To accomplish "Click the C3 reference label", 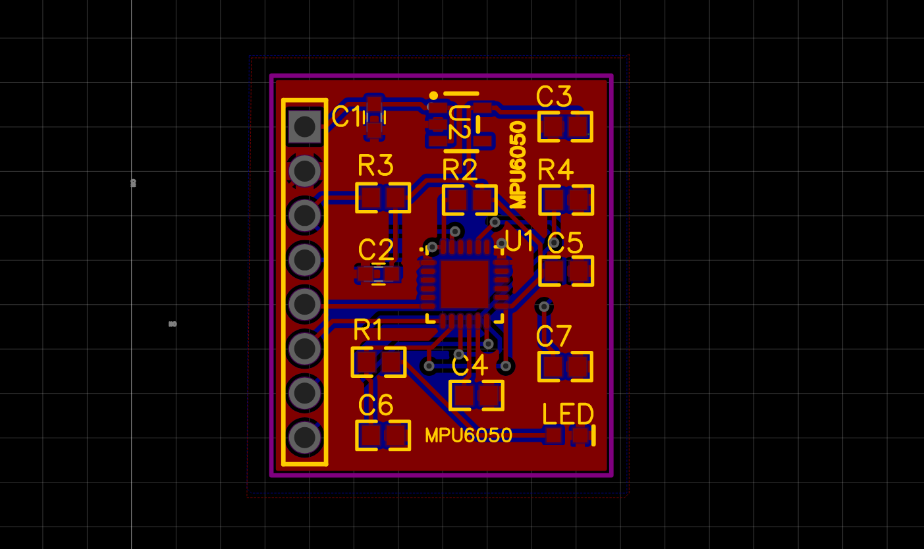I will point(554,97).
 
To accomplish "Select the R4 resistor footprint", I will point(566,199).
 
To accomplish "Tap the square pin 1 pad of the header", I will point(305,126).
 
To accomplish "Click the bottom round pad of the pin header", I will point(305,437).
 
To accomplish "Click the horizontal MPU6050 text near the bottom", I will point(468,435).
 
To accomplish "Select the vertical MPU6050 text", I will point(519,165).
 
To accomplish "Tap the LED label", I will point(568,415).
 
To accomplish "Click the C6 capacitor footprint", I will point(383,435).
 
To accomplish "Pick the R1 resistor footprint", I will point(378,362).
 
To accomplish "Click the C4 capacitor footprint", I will point(476,396).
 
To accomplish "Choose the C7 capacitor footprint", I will point(565,367).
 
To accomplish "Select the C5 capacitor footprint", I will point(566,271).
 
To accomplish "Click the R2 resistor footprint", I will point(469,200).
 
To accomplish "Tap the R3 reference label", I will point(375,166).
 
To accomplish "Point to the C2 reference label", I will point(376,250).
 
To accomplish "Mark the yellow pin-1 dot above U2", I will point(433,95).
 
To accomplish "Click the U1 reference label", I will point(520,241).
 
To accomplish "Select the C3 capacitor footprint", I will point(565,126).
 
